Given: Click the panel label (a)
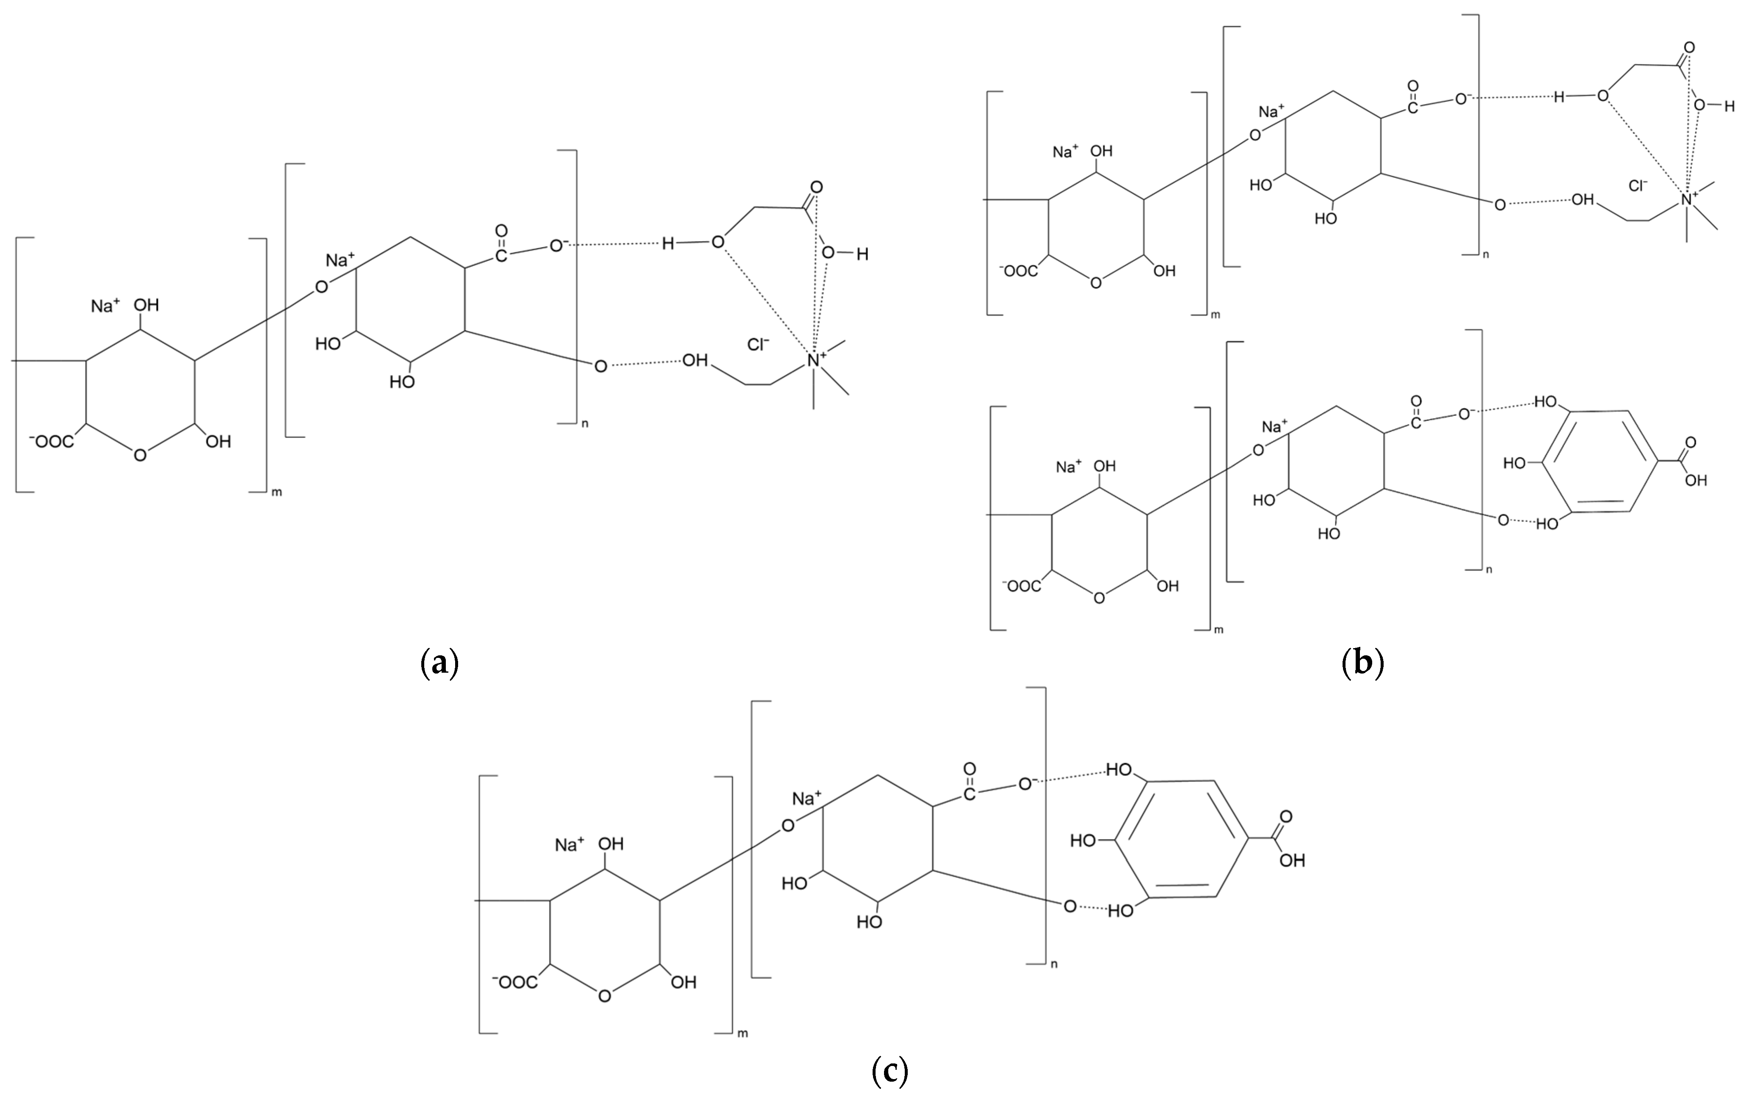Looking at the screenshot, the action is (x=439, y=663).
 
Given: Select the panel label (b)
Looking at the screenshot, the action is (x=1362, y=663).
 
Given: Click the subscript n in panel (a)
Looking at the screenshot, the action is (x=585, y=423).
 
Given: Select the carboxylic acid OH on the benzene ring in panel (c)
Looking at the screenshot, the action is (x=1293, y=861).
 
